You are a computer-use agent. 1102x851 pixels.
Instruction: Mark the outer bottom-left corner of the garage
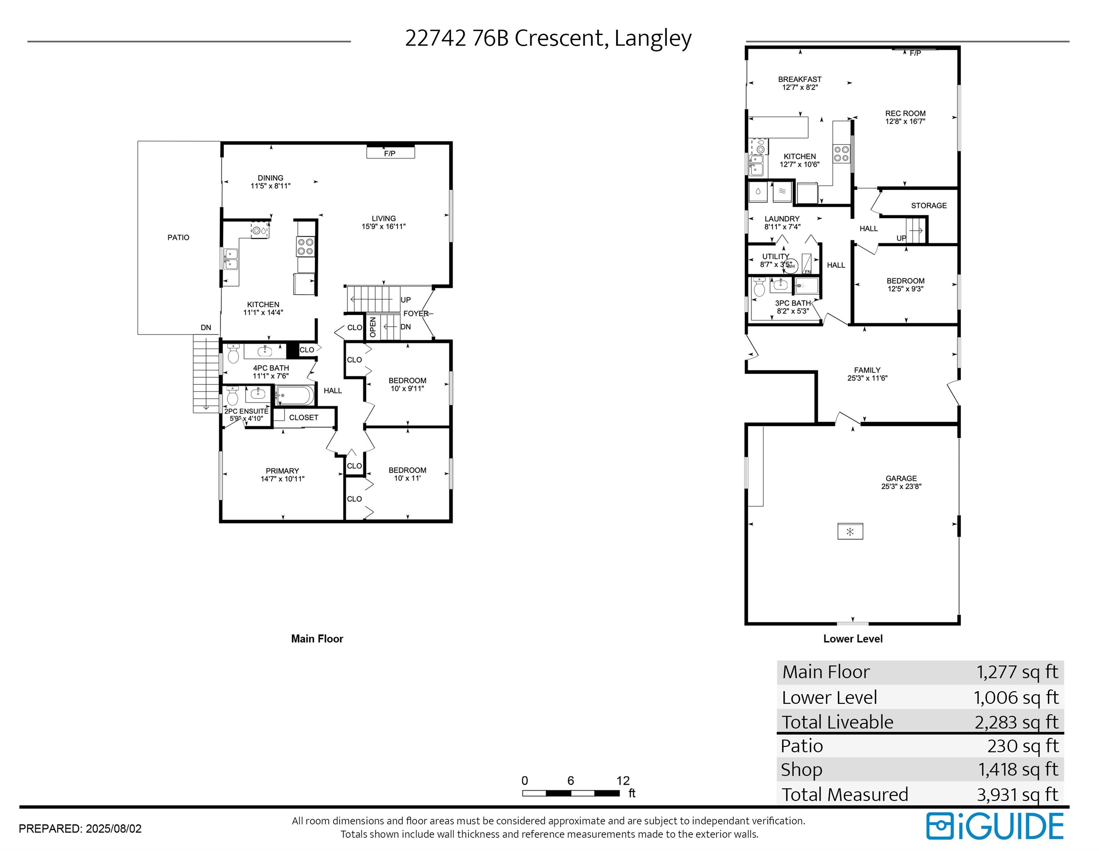(x=746, y=624)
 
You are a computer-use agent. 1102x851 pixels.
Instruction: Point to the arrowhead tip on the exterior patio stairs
(x=206, y=409)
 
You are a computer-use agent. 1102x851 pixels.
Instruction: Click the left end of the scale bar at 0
(x=523, y=793)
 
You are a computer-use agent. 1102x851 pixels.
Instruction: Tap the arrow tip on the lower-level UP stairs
(x=923, y=231)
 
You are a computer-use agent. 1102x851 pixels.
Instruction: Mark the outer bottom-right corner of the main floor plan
(x=452, y=522)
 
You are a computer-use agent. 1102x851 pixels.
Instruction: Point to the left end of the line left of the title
(x=28, y=41)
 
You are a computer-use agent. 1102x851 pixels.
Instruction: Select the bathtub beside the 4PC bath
(x=295, y=395)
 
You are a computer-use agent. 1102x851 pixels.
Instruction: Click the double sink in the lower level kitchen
(x=755, y=165)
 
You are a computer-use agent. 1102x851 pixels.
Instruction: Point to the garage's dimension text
(x=901, y=486)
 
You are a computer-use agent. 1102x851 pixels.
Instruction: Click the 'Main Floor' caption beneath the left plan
(x=317, y=639)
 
